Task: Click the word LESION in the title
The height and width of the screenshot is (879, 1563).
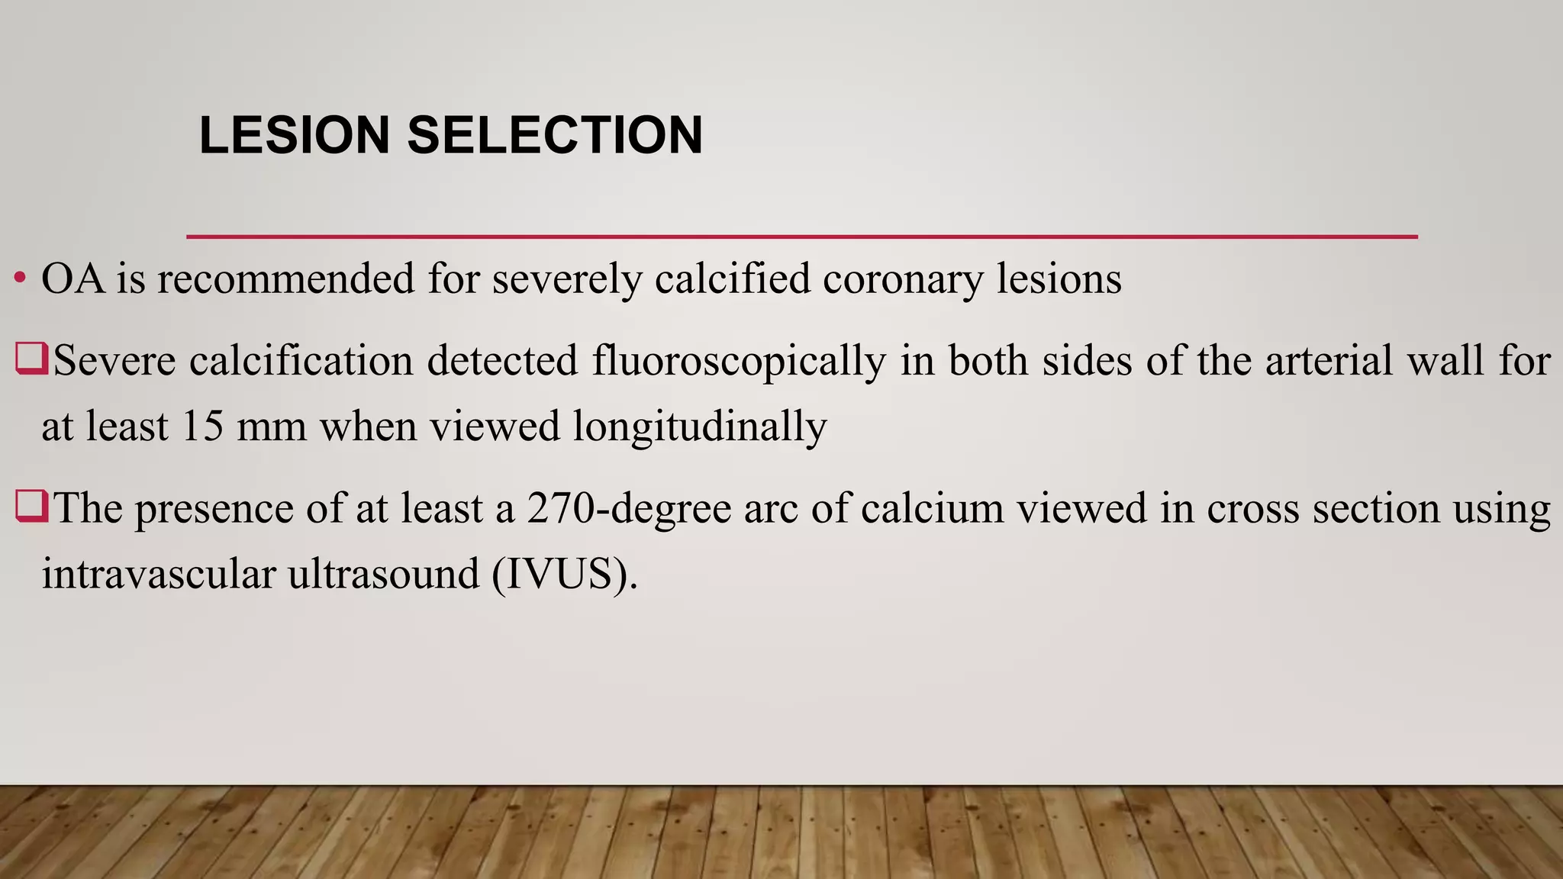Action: point(295,135)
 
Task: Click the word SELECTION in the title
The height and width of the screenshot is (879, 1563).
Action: point(555,135)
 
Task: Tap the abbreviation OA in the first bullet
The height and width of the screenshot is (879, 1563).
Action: point(73,279)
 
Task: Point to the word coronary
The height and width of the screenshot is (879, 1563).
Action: point(903,279)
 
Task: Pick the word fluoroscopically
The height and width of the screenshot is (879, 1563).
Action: point(739,360)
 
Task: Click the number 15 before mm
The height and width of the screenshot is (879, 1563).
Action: point(202,426)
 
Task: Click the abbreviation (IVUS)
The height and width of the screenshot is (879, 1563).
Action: point(565,574)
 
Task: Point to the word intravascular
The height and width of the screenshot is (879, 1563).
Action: point(158,574)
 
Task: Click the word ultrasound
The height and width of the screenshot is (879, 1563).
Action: point(384,574)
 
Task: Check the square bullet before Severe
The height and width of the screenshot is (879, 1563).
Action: point(31,359)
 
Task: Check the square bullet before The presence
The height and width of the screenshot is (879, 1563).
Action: point(31,507)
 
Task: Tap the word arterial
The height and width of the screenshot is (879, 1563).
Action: point(1329,360)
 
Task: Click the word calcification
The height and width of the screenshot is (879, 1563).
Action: point(301,360)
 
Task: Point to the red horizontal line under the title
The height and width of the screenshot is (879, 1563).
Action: point(801,237)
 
